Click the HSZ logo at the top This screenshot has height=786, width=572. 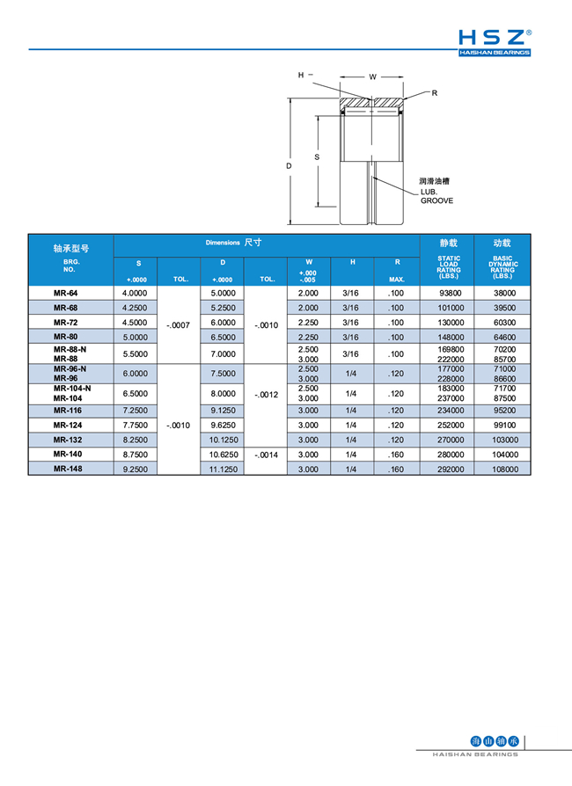495,41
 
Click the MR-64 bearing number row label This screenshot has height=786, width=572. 65,293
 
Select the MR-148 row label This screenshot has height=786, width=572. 67,469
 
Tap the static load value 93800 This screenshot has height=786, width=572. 449,293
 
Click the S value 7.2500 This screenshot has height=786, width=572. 134,411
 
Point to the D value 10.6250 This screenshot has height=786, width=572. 223,455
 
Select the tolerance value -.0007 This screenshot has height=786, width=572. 179,324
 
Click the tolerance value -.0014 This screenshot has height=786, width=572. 266,455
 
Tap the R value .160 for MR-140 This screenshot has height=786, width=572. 396,455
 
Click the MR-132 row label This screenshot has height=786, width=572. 67,440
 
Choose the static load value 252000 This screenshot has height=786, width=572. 449,425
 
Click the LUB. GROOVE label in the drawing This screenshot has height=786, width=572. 436,196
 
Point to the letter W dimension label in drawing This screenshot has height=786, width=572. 373,77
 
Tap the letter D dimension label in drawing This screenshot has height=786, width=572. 288,164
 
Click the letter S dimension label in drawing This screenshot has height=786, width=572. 317,157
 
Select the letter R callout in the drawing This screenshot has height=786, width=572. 434,93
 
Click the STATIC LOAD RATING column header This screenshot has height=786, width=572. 449,267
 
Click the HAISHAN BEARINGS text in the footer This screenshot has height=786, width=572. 476,754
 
